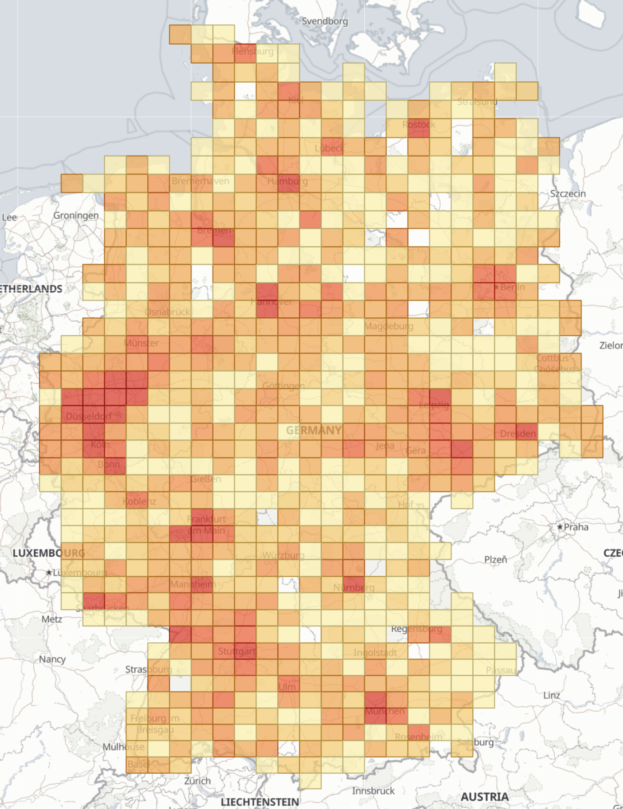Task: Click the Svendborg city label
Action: [x=325, y=21]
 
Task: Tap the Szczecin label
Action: [x=567, y=193]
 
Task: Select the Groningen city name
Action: [x=76, y=215]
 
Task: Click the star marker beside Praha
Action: [x=560, y=527]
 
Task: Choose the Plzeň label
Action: [x=496, y=560]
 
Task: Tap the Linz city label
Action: [x=552, y=695]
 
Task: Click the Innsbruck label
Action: [x=373, y=791]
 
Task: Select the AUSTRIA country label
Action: [x=484, y=797]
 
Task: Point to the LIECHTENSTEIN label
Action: [x=260, y=802]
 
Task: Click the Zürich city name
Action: [x=197, y=781]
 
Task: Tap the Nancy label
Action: [x=52, y=659]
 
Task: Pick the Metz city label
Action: [x=51, y=619]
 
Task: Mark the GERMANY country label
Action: [x=313, y=430]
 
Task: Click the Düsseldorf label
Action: [x=88, y=416]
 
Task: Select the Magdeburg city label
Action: [x=389, y=326]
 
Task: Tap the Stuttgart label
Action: [x=237, y=651]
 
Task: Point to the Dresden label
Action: [x=518, y=434]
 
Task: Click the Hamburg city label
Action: [x=287, y=181]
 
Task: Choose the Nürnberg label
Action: [x=354, y=588]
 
